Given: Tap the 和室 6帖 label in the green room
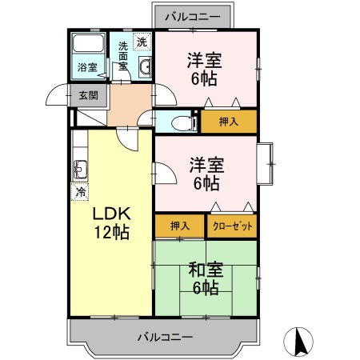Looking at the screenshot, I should tap(205, 278).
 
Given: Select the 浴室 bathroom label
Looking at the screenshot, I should tap(87, 68).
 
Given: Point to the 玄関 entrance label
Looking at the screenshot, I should tap(88, 95).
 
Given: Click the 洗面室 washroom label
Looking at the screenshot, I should tap(122, 56).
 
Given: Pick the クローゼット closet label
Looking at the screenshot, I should tap(232, 226).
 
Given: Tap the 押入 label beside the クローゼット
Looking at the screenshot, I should tap(179, 226).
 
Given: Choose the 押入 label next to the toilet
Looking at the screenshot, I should tap(228, 122).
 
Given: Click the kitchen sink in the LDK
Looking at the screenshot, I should tap(80, 169).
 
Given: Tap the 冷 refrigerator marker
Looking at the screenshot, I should tap(80, 191).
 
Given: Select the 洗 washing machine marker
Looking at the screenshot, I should tap(142, 42).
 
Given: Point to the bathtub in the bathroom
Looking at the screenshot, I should tap(86, 45).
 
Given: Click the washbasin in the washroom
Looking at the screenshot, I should tap(145, 68).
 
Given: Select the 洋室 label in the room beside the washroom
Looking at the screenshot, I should tap(205, 69).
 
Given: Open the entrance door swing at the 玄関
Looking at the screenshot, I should tap(58, 96).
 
